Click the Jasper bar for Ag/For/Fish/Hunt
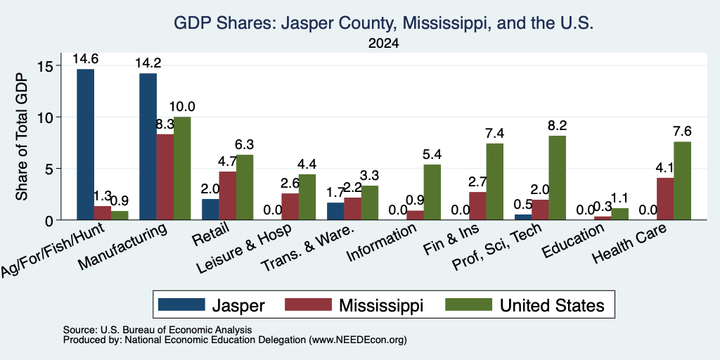(85, 145)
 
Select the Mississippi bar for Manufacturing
(165, 177)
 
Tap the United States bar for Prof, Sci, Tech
(557, 178)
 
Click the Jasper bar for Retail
(211, 210)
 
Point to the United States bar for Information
(432, 193)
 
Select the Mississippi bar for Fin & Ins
(477, 206)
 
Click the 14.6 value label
(85, 59)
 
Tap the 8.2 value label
(557, 125)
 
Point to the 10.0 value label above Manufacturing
(182, 107)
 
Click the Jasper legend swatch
(181, 304)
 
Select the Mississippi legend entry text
(381, 305)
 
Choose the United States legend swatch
(468, 304)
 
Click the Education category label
(572, 240)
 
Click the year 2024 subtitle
(383, 44)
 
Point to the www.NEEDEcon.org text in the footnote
(358, 340)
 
